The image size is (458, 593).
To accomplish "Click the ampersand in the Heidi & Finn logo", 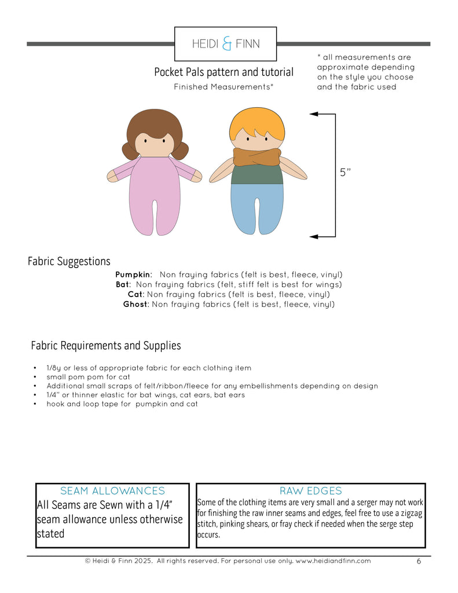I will tap(227, 44).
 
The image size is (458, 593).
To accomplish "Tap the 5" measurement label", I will tap(345, 172).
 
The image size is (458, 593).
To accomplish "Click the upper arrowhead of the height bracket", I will tap(314, 114).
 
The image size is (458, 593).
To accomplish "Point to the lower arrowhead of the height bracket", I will tap(314, 236).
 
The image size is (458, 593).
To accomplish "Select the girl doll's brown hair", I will tap(154, 122).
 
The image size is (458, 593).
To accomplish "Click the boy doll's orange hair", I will tap(257, 122).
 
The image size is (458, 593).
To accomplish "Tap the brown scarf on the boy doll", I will tap(257, 156).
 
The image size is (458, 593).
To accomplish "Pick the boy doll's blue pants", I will tap(257, 206).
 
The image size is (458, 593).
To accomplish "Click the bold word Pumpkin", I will tap(133, 274).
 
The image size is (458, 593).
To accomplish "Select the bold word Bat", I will tap(123, 284).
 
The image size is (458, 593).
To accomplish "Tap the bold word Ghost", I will tap(136, 304).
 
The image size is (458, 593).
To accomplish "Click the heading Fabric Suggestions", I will tap(69, 262).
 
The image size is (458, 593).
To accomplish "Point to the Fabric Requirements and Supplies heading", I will tap(106, 346).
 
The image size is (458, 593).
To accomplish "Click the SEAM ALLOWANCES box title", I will tap(112, 491).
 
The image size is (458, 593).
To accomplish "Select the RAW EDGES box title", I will tap(310, 491).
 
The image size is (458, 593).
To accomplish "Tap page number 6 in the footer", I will tap(419, 561).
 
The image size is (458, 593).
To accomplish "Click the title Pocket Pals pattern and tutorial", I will tap(223, 72).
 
